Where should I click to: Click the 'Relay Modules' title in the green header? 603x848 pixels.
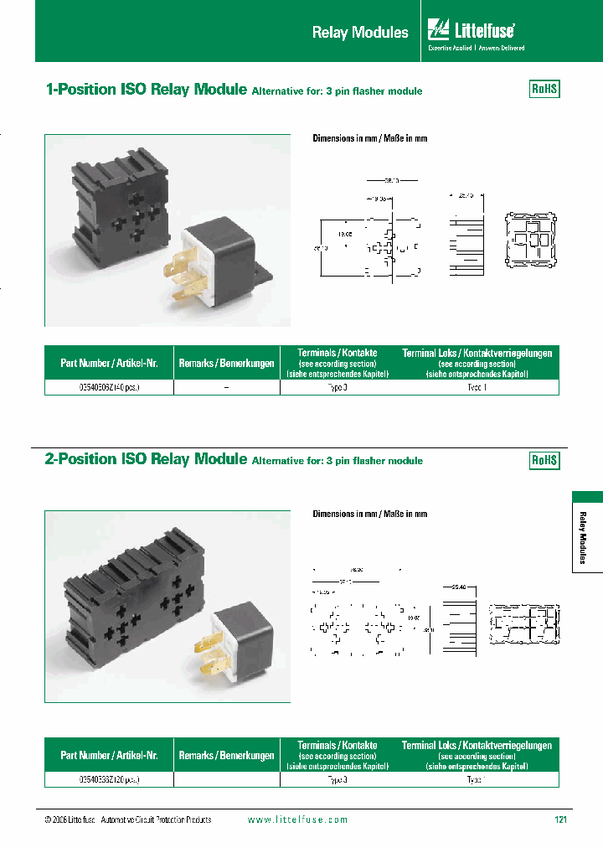[x=360, y=33]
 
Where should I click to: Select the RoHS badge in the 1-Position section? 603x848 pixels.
[x=544, y=90]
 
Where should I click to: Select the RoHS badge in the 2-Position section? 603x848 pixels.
[x=544, y=461]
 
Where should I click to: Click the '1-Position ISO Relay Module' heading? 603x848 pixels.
[x=146, y=90]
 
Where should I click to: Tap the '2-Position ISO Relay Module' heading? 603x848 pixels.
[x=146, y=460]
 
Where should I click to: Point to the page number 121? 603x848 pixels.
[x=560, y=820]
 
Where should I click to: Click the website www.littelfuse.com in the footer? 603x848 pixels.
[x=298, y=820]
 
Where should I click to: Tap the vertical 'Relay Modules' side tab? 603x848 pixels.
[x=586, y=536]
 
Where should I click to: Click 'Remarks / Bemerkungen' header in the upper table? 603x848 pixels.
[x=226, y=364]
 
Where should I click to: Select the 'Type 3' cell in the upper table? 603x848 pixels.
[x=338, y=388]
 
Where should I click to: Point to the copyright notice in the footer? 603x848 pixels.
[x=127, y=820]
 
